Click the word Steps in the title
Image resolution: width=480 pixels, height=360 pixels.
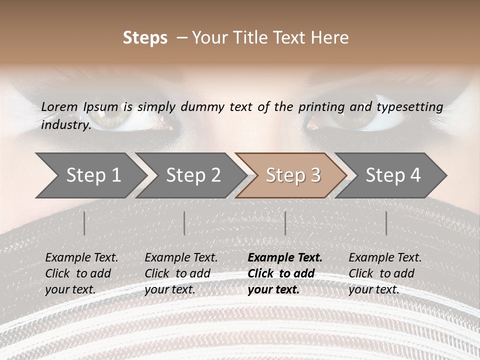coord(145,38)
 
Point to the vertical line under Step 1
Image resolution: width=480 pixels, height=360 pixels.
coord(84,223)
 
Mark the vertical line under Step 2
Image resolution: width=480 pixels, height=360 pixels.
coord(184,223)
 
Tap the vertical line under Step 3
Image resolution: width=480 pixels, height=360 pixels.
coord(285,223)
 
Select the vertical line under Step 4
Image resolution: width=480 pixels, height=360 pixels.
coord(386,223)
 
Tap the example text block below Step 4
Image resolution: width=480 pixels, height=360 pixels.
coord(385,273)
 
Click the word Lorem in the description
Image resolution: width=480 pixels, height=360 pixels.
coord(59,107)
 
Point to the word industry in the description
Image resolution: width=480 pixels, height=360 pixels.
coord(65,125)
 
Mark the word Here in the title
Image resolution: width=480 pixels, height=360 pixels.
coord(330,38)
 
